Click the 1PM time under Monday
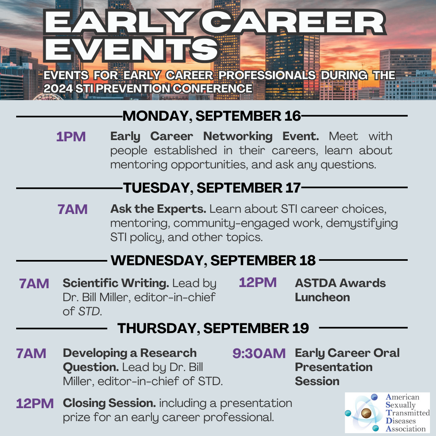click(x=71, y=137)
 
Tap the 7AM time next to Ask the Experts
click(x=73, y=210)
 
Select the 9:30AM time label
click(x=259, y=353)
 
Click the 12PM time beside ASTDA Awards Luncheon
click(x=258, y=283)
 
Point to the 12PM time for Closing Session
click(x=35, y=403)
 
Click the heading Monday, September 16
click(x=212, y=116)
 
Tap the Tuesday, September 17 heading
click(x=212, y=188)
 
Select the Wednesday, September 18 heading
click(x=213, y=260)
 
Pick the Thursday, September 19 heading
click(x=213, y=328)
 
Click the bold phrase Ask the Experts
click(x=158, y=209)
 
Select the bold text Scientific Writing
click(x=116, y=283)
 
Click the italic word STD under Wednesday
click(x=89, y=311)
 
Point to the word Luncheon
click(x=322, y=297)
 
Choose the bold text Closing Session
click(x=109, y=403)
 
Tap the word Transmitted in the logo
click(x=408, y=413)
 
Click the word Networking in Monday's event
click(x=238, y=137)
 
